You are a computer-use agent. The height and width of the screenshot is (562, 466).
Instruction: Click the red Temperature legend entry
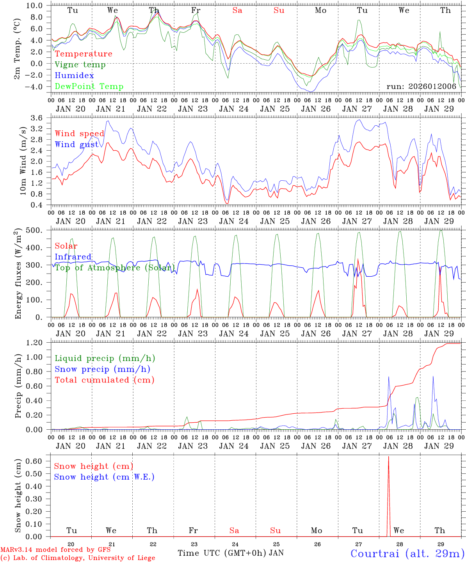click(x=84, y=54)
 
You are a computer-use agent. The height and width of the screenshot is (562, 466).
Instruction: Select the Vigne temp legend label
click(x=80, y=65)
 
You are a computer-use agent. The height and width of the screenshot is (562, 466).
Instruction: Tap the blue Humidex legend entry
click(x=75, y=76)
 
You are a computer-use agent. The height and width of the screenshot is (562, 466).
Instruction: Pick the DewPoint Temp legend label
click(x=89, y=87)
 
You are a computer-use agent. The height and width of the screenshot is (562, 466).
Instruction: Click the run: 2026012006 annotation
click(x=421, y=87)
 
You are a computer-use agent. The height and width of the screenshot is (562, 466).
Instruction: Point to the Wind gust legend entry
click(x=76, y=144)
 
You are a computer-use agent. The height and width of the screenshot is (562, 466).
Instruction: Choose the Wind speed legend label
click(x=80, y=133)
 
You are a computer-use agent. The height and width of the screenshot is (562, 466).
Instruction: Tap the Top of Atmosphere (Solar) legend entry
click(x=114, y=268)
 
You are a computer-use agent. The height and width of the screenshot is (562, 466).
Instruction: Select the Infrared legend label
click(x=73, y=257)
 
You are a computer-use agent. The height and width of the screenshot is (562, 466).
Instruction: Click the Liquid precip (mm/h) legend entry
click(x=105, y=358)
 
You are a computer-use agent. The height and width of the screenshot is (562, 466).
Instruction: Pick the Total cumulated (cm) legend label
click(x=105, y=380)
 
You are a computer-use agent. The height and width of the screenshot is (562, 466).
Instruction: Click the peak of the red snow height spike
click(x=388, y=457)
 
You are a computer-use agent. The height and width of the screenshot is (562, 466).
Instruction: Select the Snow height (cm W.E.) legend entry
click(x=104, y=477)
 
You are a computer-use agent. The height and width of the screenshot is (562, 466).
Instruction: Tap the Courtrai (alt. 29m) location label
click(x=407, y=553)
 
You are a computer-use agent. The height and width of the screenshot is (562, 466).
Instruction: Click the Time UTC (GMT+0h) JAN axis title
click(x=231, y=553)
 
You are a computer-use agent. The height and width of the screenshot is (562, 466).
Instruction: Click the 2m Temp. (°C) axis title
click(x=18, y=52)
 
